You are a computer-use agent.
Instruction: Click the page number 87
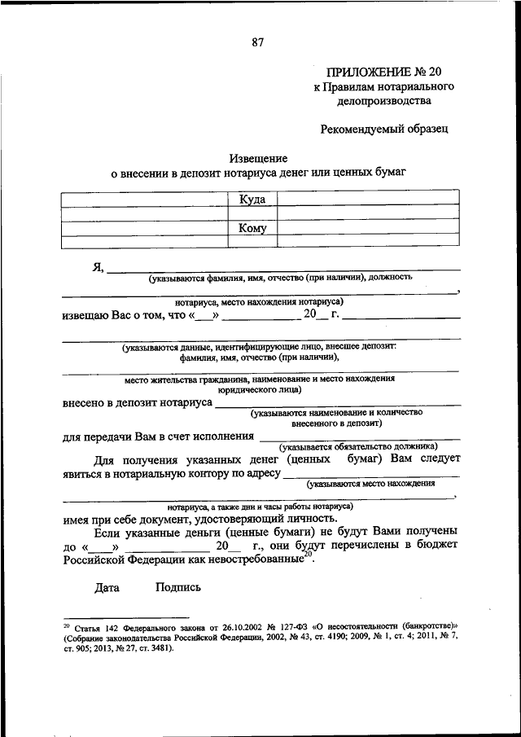258,42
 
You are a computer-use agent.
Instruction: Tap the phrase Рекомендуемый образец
383,129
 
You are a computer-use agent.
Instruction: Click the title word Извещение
259,158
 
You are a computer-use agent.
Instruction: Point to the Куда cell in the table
252,200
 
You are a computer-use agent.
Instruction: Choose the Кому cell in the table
252,228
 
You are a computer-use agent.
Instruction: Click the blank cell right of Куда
368,200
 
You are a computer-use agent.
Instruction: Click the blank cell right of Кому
368,228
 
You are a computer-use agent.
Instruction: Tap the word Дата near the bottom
107,587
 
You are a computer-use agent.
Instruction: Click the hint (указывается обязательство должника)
358,446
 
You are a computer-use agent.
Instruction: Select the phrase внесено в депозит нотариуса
138,402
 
